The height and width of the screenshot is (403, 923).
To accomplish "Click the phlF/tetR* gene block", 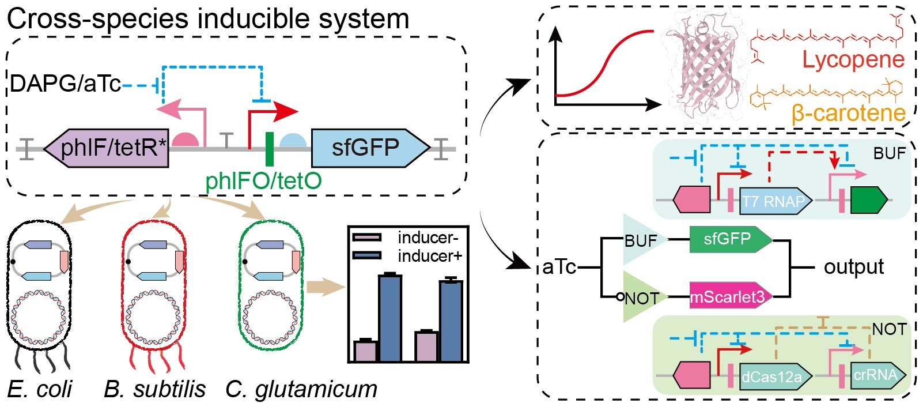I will [107, 148].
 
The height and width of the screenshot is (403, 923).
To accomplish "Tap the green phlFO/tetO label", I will [263, 180].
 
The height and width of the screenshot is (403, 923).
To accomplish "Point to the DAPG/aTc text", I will [65, 84].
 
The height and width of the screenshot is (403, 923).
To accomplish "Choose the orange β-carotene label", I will [848, 113].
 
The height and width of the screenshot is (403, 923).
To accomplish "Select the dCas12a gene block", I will [774, 376].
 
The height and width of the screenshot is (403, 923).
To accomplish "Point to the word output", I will [853, 267].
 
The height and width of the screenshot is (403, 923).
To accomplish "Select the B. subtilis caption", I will [154, 389].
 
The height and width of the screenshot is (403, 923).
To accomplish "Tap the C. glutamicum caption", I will [301, 389].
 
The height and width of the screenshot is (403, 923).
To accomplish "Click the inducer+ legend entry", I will [429, 255].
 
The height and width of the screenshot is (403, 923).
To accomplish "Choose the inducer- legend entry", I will [426, 238].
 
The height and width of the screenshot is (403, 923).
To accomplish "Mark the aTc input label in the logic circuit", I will [559, 268].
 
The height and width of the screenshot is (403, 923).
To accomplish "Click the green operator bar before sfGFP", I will [269, 148].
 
